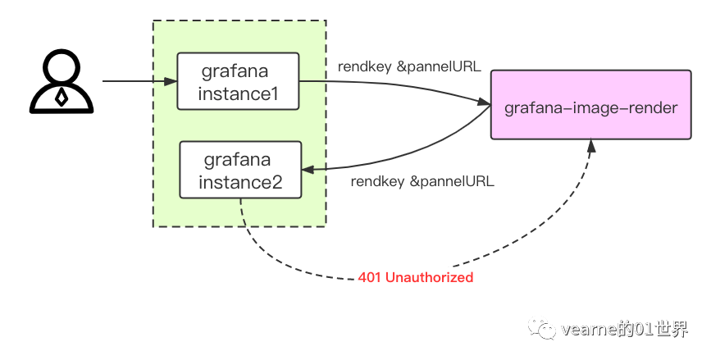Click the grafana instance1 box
click(x=238, y=81)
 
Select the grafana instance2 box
click(x=240, y=169)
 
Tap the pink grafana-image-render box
click(x=590, y=106)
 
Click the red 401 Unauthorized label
click(x=416, y=277)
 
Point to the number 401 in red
click(x=369, y=277)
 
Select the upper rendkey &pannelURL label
click(x=409, y=66)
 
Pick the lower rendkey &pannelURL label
click(x=422, y=181)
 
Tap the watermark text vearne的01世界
click(x=624, y=329)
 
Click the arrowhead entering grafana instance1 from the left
click(x=171, y=81)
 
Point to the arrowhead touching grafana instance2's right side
click(x=308, y=168)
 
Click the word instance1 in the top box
click(x=238, y=93)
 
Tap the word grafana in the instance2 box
click(x=240, y=157)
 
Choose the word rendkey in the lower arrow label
click(x=378, y=181)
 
